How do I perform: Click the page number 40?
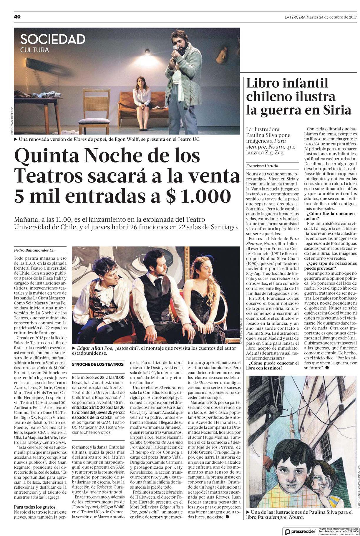[17, 17]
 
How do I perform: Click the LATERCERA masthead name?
[295, 17]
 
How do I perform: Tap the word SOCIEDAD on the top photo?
[53, 39]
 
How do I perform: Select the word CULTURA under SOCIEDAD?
[34, 50]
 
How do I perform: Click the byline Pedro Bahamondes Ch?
[35, 250]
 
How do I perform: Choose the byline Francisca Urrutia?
[262, 166]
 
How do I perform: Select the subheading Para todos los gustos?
[35, 507]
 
